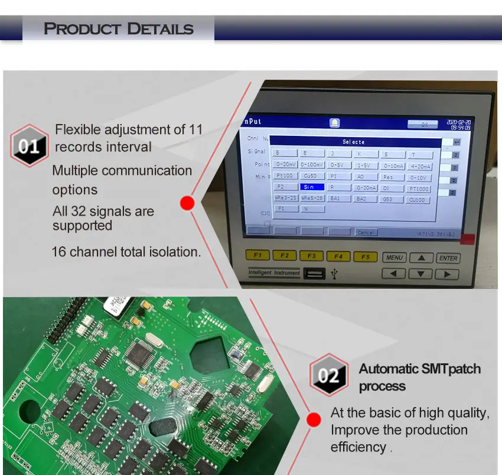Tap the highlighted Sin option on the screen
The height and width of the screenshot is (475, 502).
point(312,187)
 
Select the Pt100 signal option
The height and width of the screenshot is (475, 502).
point(284,176)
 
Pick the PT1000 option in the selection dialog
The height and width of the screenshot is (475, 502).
point(419,189)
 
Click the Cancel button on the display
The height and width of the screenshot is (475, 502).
point(366,232)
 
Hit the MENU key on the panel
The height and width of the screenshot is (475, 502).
point(394,258)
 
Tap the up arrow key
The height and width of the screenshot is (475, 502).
point(421,258)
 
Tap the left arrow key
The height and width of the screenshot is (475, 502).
point(394,274)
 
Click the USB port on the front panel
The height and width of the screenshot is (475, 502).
point(314,274)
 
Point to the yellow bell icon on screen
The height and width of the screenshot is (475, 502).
point(334,123)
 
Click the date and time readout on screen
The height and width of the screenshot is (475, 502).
point(458,123)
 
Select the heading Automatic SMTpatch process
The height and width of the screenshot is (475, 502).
point(419,378)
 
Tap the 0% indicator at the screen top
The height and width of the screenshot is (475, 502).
point(423,125)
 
